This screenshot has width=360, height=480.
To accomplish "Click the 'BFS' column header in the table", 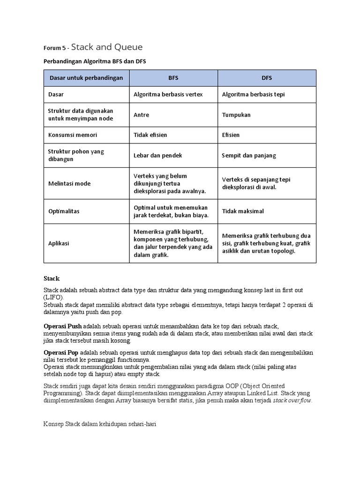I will pyautogui.click(x=173, y=78).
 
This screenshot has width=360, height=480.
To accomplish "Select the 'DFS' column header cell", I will pyautogui.click(x=267, y=78).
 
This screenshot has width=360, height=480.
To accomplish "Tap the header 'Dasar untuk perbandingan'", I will pyautogui.click(x=86, y=78).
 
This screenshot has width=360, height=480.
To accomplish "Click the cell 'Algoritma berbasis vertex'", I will pyautogui.click(x=168, y=94).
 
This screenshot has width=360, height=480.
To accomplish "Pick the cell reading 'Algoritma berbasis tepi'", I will pyautogui.click(x=253, y=94).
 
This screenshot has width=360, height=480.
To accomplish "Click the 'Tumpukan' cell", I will pyautogui.click(x=236, y=115).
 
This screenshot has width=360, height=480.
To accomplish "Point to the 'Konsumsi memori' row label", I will pyautogui.click(x=73, y=135).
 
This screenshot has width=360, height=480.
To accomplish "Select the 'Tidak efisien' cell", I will pyautogui.click(x=150, y=135).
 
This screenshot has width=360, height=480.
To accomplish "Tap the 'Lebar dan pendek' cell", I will pyautogui.click(x=157, y=155).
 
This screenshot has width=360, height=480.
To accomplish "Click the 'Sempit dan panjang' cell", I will pyautogui.click(x=249, y=155).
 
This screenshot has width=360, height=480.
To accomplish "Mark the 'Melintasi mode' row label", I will pyautogui.click(x=69, y=183).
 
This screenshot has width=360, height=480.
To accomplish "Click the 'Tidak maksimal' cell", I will pyautogui.click(x=243, y=211).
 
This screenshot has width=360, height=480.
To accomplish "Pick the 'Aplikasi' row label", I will pyautogui.click(x=59, y=243).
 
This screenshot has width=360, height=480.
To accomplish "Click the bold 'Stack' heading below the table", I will pyautogui.click(x=52, y=278).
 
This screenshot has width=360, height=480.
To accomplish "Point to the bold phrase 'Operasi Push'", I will pyautogui.click(x=62, y=326).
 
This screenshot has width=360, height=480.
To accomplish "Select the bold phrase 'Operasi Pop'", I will pyautogui.click(x=61, y=352).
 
